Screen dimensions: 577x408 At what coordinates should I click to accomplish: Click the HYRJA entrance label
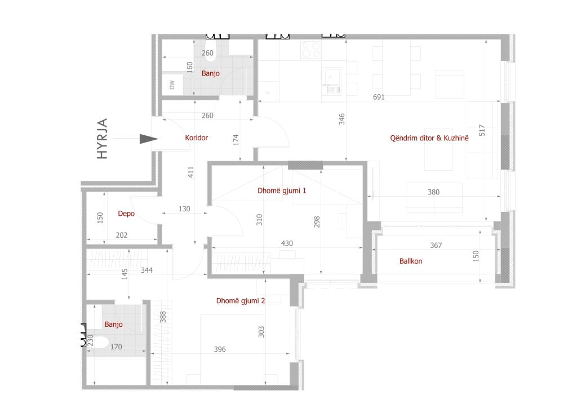pyautogui.click(x=102, y=139)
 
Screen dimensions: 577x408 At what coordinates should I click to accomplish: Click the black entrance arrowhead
pyautogui.click(x=149, y=139)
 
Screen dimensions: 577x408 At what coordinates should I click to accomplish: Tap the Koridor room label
pyautogui.click(x=197, y=138)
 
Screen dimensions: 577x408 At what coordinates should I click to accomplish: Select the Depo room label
pyautogui.click(x=126, y=214)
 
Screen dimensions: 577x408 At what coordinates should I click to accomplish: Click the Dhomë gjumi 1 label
pyautogui.click(x=282, y=190)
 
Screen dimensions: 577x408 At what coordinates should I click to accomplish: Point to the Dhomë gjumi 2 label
pyautogui.click(x=241, y=300)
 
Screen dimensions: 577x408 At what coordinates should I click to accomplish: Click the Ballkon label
pyautogui.click(x=411, y=261)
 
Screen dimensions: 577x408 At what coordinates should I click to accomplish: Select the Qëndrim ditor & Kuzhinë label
pyautogui.click(x=429, y=138)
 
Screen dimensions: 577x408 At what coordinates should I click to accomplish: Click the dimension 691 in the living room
pyautogui.click(x=379, y=97)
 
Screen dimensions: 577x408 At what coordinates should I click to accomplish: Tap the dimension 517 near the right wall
pyautogui.click(x=482, y=130)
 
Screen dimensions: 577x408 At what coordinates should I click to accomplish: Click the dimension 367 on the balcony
pyautogui.click(x=436, y=245)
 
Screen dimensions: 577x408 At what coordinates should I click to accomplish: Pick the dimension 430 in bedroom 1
pyautogui.click(x=287, y=243)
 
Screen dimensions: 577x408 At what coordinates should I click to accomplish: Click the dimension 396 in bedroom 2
pyautogui.click(x=220, y=349)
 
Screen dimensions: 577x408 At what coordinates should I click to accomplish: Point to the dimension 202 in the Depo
pyautogui.click(x=122, y=235)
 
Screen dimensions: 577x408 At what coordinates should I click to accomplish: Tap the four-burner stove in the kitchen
pyautogui.click(x=310, y=50)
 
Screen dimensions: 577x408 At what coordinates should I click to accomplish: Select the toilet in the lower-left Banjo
pyautogui.click(x=96, y=342)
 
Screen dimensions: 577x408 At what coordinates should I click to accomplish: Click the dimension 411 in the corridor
pyautogui.click(x=190, y=172)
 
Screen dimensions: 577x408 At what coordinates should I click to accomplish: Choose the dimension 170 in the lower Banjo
pyautogui.click(x=116, y=347)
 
